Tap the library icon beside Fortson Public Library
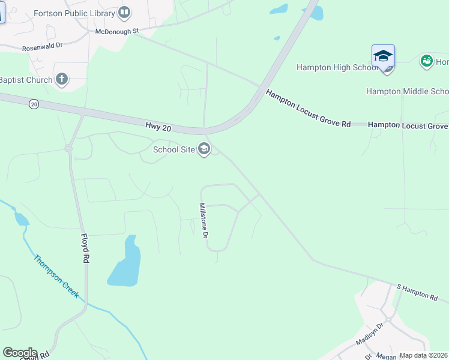124,11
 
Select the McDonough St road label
117,31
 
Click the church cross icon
62,79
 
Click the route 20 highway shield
34,104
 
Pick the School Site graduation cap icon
204,149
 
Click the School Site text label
174,149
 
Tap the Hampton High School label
337,67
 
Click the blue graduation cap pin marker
383,57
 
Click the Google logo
20,353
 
